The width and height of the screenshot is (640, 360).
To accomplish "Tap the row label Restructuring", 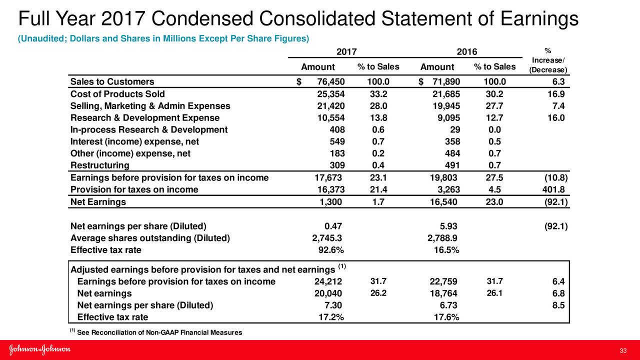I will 99,165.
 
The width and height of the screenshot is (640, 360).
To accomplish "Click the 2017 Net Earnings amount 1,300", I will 331,202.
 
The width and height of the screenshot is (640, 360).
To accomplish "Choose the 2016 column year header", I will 467,52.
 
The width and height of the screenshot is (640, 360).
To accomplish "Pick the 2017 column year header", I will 346,52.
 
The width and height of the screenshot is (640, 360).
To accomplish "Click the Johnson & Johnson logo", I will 40,350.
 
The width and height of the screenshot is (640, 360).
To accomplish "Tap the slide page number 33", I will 623,350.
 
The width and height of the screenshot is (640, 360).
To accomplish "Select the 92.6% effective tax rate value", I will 330,250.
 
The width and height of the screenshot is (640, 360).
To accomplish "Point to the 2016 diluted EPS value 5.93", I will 448,226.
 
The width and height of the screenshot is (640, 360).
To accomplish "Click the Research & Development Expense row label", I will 145,118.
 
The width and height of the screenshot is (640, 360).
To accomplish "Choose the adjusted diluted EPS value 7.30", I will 333,305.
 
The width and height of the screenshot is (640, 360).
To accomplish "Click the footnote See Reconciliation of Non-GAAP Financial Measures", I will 159,332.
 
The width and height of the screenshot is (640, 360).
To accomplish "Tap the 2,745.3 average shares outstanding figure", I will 327,238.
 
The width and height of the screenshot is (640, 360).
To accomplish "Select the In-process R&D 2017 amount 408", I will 334,130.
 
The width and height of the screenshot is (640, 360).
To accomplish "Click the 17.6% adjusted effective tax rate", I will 446,317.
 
